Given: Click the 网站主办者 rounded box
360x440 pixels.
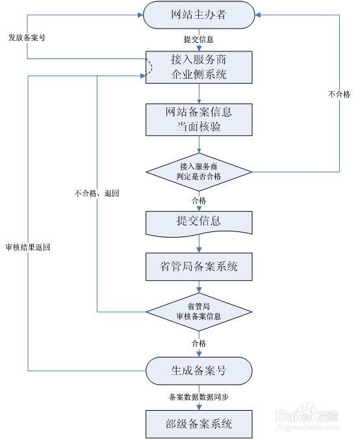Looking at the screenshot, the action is (199, 15).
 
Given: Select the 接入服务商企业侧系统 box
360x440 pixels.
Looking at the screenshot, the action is (199, 68).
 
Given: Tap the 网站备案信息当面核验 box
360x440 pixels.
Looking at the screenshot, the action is (199, 120).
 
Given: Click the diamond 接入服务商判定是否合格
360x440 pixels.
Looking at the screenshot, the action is (199, 172).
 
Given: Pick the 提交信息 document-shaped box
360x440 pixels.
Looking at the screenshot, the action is (199, 224).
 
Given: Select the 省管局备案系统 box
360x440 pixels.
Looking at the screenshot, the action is (199, 266).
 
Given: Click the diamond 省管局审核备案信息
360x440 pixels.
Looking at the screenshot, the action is (199, 312).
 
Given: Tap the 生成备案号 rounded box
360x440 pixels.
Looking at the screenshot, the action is (199, 370).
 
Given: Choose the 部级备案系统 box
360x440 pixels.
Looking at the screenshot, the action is (199, 424).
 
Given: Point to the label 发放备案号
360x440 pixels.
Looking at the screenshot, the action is (27, 38).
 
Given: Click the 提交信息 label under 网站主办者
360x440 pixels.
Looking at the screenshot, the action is (199, 39).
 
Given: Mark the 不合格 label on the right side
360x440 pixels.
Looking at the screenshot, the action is (339, 94).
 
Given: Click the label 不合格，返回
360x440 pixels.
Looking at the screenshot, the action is (97, 193).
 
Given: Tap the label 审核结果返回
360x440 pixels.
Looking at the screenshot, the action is (28, 247).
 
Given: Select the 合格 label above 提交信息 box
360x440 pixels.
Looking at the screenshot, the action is (199, 200).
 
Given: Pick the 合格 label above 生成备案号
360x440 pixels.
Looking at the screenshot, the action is (199, 343).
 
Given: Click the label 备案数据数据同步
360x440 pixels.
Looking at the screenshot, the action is (199, 397).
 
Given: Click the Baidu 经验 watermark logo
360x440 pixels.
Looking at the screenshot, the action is (307, 415).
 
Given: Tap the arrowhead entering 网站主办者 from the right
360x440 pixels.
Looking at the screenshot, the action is (257, 15).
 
